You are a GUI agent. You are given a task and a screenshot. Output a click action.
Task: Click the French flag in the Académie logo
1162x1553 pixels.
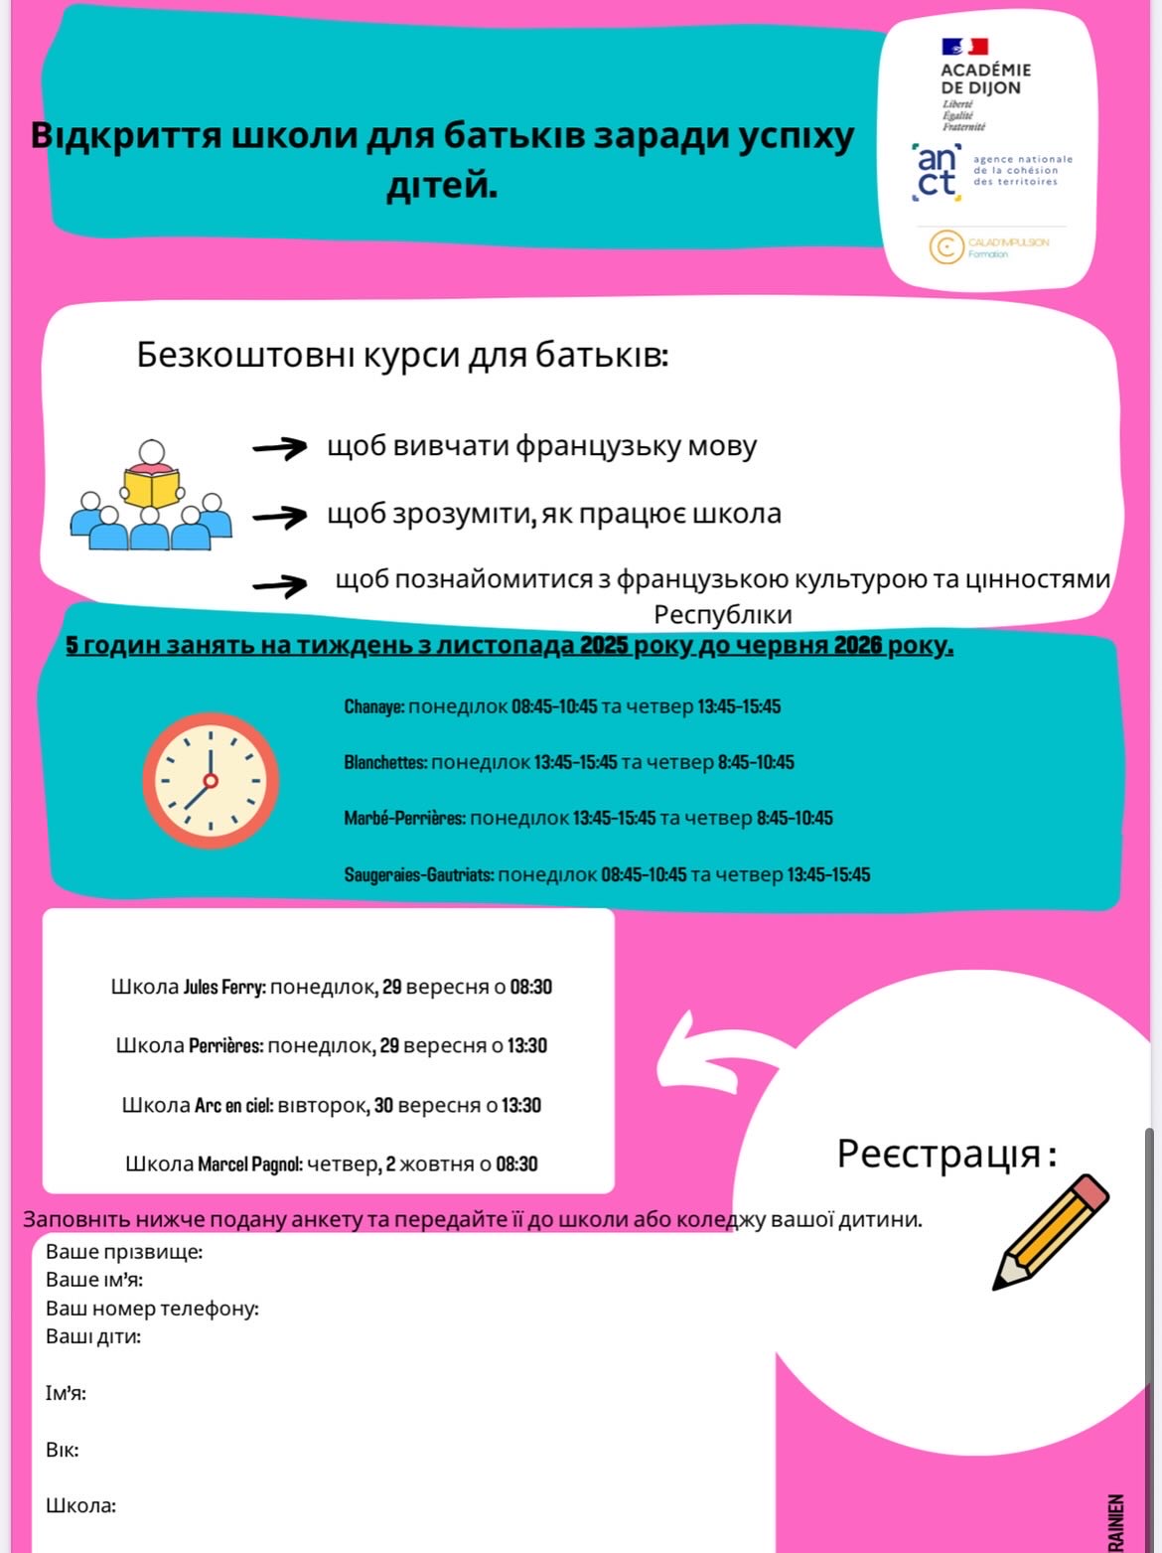[x=964, y=46]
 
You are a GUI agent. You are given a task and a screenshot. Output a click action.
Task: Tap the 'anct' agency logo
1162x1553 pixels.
[x=937, y=172]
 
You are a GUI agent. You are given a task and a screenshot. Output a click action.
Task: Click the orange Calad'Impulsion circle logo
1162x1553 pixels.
[x=946, y=246]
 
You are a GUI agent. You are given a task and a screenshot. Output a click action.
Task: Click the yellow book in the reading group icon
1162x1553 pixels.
[x=151, y=488]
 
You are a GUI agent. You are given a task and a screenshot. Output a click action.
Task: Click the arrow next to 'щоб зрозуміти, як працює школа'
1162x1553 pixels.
[x=280, y=516]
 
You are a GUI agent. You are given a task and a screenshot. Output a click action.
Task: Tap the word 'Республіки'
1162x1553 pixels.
[x=722, y=614]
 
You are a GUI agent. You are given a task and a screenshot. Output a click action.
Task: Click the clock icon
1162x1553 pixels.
[x=211, y=780]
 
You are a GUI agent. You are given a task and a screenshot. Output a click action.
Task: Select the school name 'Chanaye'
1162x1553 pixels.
[x=373, y=706]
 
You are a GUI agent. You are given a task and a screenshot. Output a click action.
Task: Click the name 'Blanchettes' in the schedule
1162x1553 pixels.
[x=385, y=762]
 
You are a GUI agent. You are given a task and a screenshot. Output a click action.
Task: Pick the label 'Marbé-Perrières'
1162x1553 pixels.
[x=404, y=818]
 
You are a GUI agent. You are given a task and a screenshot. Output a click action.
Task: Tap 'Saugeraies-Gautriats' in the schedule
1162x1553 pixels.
[x=418, y=874]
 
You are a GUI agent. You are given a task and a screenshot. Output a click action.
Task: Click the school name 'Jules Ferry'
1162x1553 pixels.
[x=223, y=987]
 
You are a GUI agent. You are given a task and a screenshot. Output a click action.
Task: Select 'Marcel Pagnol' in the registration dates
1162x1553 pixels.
[x=249, y=1164]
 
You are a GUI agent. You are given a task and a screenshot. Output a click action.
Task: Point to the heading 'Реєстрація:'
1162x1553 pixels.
[x=945, y=1154]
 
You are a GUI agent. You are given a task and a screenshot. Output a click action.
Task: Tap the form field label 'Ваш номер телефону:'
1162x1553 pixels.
[x=152, y=1308]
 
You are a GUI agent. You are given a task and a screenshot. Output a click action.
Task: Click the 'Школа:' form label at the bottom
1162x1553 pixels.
[x=80, y=1505]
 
